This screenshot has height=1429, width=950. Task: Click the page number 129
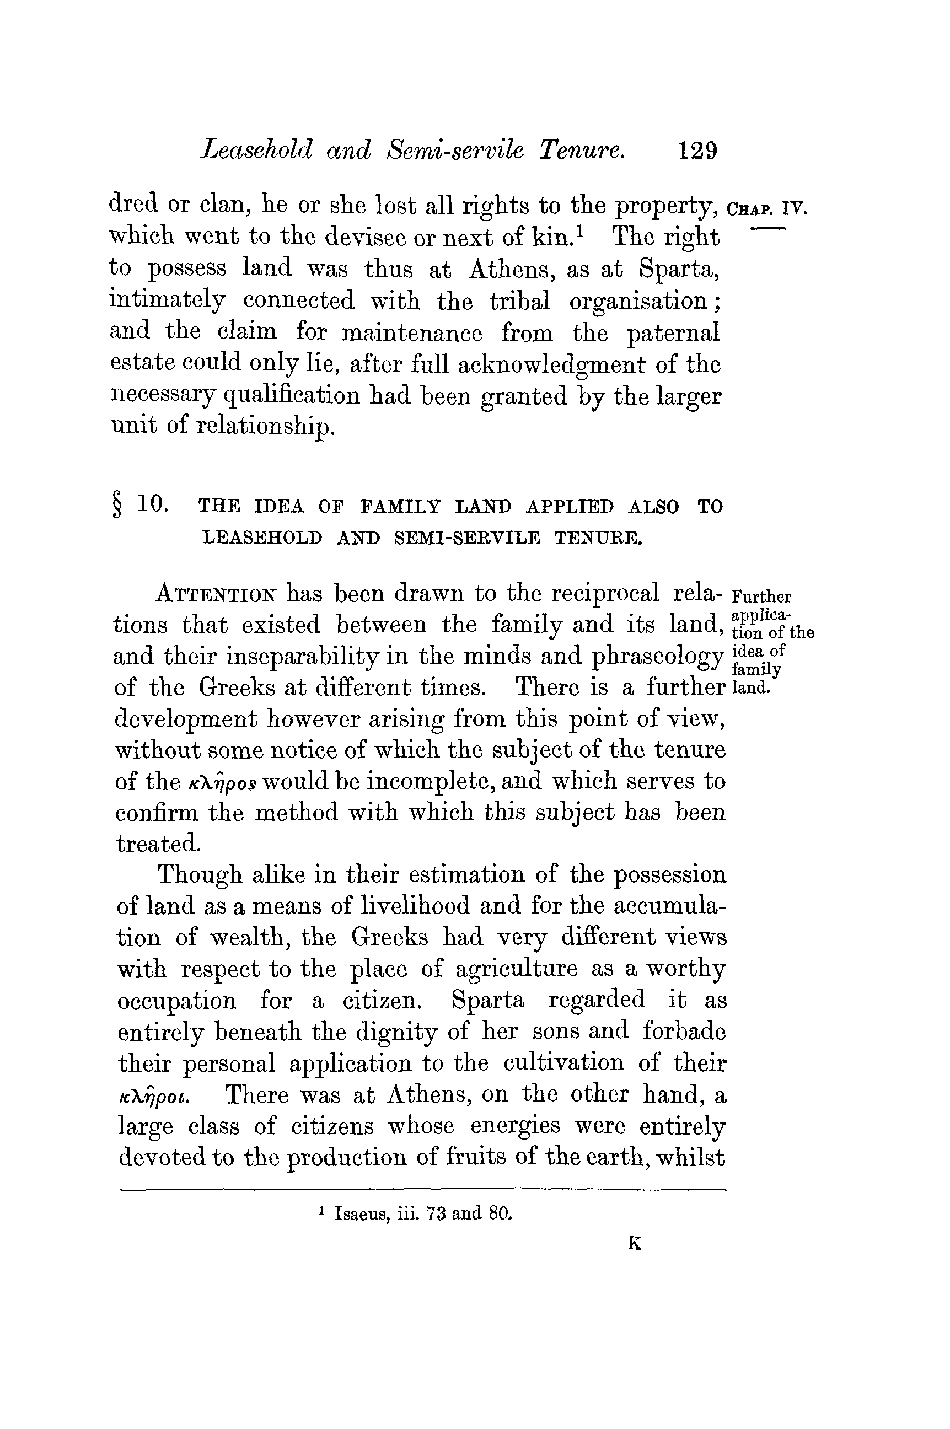tap(698, 150)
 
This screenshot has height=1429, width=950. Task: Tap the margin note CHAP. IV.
tap(767, 209)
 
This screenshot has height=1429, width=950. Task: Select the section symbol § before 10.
tap(117, 506)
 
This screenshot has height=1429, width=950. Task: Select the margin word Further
tap(761, 597)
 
